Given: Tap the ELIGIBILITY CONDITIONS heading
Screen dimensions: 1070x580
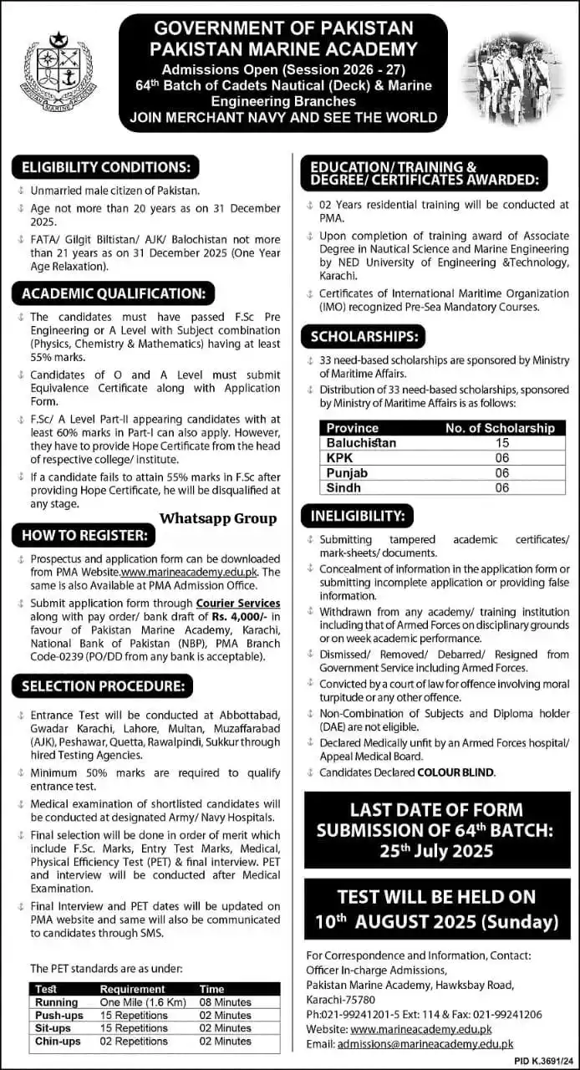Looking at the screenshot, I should click(x=105, y=166).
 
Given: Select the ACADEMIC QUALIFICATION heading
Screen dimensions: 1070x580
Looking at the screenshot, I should click(x=113, y=293).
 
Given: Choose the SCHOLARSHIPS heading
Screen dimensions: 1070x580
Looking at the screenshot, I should click(x=364, y=337).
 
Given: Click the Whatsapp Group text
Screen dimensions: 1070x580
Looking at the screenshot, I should click(x=218, y=518).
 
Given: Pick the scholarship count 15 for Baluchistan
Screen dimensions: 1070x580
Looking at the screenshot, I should click(x=501, y=442).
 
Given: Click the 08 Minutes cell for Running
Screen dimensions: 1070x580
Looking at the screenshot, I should click(x=225, y=1002).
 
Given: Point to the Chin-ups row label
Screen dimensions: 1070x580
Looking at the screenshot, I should click(x=56, y=1042).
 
